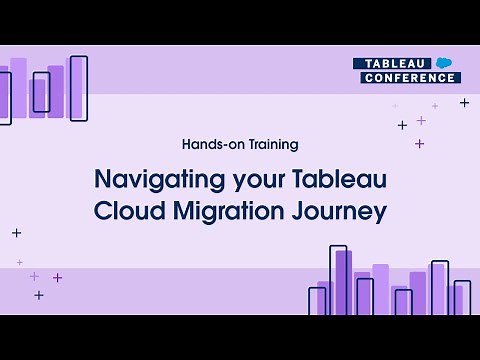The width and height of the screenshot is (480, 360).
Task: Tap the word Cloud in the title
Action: (128, 212)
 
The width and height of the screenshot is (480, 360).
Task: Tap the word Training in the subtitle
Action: (272, 144)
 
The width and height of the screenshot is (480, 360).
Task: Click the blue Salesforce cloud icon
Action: (446, 62)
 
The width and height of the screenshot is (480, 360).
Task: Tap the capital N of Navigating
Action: (102, 181)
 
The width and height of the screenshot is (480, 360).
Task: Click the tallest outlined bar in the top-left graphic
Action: (78, 88)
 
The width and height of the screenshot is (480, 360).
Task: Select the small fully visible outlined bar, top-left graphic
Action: (41, 92)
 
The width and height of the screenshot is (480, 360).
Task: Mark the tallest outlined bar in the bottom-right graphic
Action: (338, 280)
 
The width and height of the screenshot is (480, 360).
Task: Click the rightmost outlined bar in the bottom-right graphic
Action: (462, 297)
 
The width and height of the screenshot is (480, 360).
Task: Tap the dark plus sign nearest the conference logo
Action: (464, 102)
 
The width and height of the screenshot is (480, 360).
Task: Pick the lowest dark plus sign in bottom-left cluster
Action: (39, 295)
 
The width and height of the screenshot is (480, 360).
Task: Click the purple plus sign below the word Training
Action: (419, 144)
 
